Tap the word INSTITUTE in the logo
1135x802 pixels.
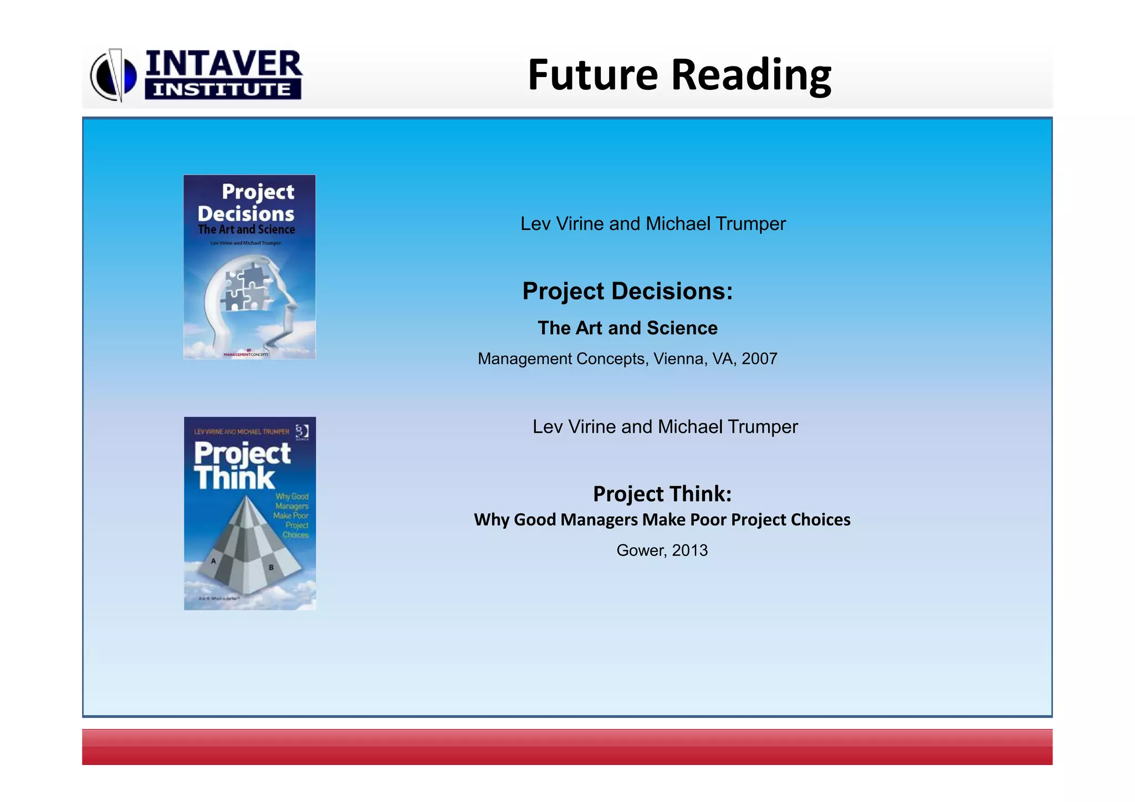[x=222, y=90]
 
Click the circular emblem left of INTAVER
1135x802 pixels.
[x=114, y=75]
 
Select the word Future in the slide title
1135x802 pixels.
[x=592, y=75]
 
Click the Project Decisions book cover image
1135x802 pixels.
[x=249, y=267]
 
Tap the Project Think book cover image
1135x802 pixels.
[x=249, y=513]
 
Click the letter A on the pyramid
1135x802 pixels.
[x=213, y=561]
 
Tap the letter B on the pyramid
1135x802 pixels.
[x=271, y=568]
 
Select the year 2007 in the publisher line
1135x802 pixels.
[x=759, y=359]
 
